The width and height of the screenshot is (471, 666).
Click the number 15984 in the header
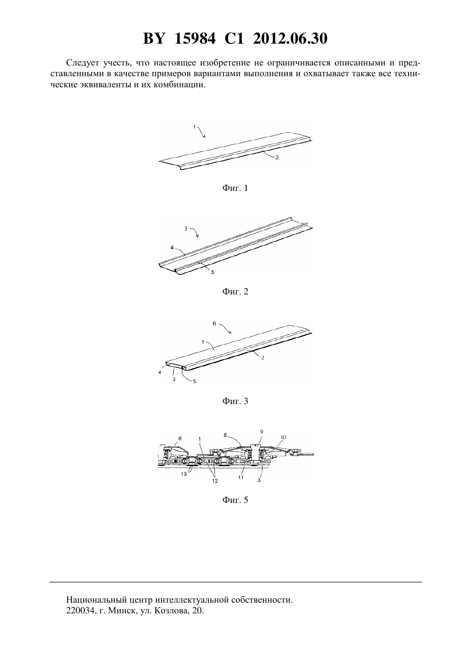click(195, 39)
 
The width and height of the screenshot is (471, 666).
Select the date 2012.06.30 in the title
click(290, 39)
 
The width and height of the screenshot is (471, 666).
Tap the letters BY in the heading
click(154, 39)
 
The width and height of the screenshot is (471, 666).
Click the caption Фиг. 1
click(235, 188)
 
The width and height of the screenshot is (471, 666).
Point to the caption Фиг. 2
click(235, 291)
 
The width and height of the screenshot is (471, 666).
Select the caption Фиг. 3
click(235, 401)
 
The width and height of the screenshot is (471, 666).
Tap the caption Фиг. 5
click(235, 500)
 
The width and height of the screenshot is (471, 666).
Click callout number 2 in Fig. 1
click(277, 158)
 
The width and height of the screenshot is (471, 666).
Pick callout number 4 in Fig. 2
click(172, 247)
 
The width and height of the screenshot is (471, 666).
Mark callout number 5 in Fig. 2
click(213, 272)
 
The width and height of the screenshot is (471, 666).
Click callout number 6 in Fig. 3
click(215, 324)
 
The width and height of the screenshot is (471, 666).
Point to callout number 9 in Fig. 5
click(262, 432)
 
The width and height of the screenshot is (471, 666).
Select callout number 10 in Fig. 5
click(283, 437)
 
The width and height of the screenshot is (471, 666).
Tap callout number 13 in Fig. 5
click(184, 474)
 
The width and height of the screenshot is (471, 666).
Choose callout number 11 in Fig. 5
click(241, 478)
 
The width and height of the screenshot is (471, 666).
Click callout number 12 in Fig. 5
click(215, 481)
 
